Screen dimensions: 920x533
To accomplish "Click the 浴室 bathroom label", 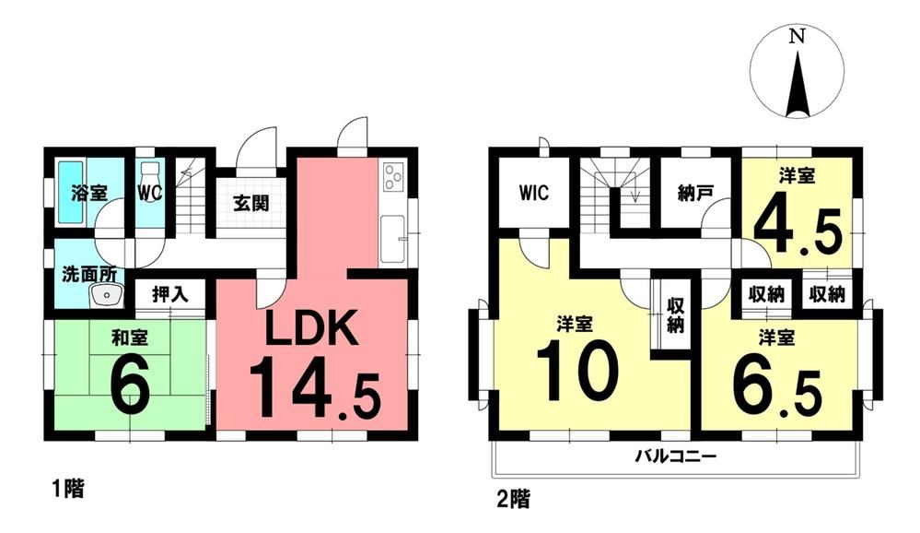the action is pyautogui.click(x=89, y=193).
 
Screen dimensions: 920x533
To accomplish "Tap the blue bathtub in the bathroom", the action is pyautogui.click(x=78, y=192).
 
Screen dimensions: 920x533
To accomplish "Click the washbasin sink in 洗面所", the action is pyautogui.click(x=106, y=295).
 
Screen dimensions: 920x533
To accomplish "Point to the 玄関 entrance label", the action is pyautogui.click(x=251, y=203).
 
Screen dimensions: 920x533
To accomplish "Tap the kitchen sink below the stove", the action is pyautogui.click(x=393, y=239).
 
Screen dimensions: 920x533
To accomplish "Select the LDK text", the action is pyautogui.click(x=311, y=329).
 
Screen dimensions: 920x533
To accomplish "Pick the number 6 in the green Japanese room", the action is pyautogui.click(x=129, y=385).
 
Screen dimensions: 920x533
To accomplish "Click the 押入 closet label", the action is pyautogui.click(x=170, y=294).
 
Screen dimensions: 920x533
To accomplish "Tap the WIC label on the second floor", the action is pyautogui.click(x=534, y=193).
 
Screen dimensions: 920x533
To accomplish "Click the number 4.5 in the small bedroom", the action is pyautogui.click(x=798, y=231).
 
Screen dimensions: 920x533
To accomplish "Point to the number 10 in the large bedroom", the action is pyautogui.click(x=577, y=372).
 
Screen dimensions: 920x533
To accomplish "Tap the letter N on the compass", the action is pyautogui.click(x=797, y=38).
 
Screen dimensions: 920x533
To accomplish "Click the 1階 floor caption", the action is pyautogui.click(x=67, y=489).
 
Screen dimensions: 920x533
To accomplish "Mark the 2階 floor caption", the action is pyautogui.click(x=513, y=500).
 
